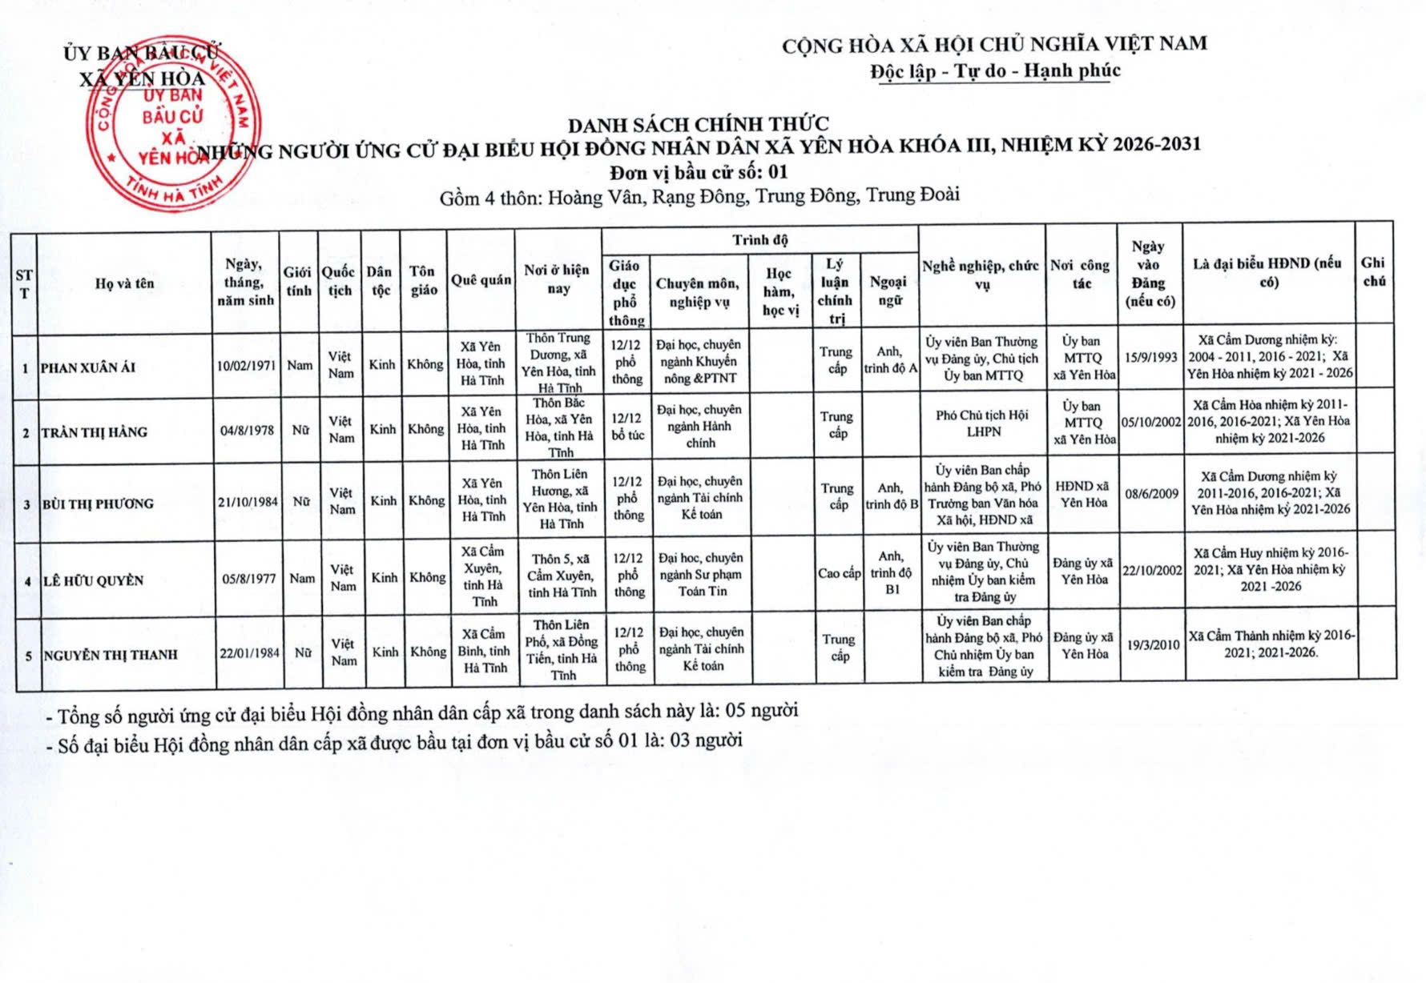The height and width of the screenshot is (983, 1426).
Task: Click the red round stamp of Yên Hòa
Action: [x=167, y=124]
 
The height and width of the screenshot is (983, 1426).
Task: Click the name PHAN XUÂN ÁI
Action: [x=89, y=368]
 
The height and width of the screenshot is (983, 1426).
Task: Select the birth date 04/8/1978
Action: [x=247, y=431]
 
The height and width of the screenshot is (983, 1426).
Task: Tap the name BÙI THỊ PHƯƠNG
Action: [x=98, y=504]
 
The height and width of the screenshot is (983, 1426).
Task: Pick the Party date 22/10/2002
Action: [x=1152, y=570]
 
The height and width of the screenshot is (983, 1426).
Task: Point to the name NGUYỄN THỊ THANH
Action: [x=111, y=655]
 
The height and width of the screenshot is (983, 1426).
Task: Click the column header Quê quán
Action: [x=481, y=279]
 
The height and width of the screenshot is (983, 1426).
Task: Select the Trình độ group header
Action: [x=759, y=240]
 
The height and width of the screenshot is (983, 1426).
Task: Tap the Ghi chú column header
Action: [x=1373, y=271]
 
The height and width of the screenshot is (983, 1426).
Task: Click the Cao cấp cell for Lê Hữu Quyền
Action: [x=839, y=573]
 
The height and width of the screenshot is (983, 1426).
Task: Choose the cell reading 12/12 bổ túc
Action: [x=627, y=426]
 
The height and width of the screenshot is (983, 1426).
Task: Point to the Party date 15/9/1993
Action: [x=1150, y=357]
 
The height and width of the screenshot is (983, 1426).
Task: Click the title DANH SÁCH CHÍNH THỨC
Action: [x=699, y=125]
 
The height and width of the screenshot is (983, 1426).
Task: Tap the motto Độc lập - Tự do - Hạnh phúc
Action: [x=996, y=71]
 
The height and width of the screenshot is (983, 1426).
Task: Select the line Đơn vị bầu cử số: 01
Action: [x=699, y=172]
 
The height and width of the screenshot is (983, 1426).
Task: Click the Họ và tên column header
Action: [x=124, y=283]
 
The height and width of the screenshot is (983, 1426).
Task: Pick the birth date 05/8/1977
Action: [x=248, y=579]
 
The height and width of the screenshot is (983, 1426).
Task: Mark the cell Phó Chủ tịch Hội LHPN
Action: [x=983, y=423]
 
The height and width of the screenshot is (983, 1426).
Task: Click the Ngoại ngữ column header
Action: [x=889, y=291]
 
